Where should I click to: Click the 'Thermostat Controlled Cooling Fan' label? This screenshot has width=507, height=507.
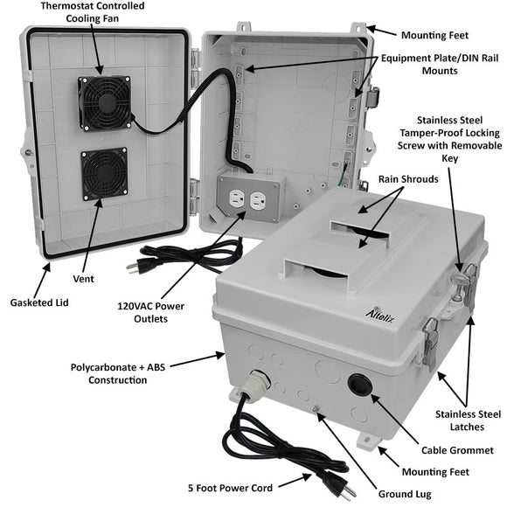click(93, 12)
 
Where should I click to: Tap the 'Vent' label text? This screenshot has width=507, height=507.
click(83, 279)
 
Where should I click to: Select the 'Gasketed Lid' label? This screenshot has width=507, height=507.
click(39, 302)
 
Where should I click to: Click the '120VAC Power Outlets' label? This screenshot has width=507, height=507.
click(150, 312)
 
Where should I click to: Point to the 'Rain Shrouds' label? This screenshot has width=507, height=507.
click(408, 179)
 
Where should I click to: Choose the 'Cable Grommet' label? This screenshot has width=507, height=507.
click(457, 450)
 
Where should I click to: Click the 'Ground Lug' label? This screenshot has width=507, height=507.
click(405, 494)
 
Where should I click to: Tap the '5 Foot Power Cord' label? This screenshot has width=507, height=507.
click(230, 488)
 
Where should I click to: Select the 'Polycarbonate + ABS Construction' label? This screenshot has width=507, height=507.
click(118, 373)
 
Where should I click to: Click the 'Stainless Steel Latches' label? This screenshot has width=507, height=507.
click(468, 420)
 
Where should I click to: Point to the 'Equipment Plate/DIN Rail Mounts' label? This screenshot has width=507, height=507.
click(440, 65)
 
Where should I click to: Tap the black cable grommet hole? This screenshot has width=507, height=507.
click(360, 384)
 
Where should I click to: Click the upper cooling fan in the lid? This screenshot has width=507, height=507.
click(105, 103)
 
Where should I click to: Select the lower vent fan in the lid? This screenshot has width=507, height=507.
click(104, 174)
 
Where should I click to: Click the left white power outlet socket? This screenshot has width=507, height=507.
click(236, 198)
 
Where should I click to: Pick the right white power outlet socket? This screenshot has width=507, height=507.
click(258, 201)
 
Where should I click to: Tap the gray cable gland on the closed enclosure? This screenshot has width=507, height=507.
click(255, 384)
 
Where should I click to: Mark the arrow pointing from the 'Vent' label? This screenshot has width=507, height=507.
click(92, 235)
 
